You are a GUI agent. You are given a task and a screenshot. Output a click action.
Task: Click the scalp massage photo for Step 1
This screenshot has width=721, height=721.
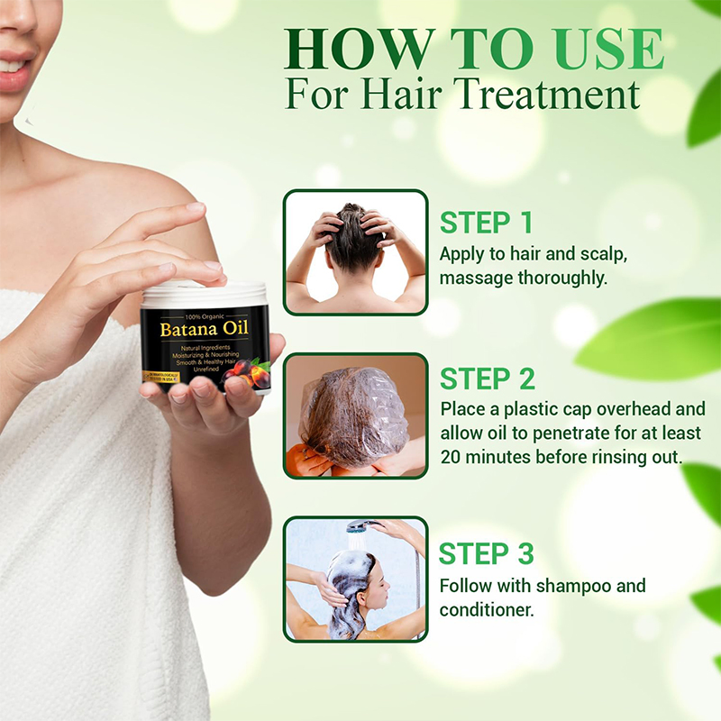tap(355, 252)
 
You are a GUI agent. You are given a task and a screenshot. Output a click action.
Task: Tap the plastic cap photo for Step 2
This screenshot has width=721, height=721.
tap(355, 415)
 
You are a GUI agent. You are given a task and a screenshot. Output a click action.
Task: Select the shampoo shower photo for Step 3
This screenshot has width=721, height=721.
tap(355, 579)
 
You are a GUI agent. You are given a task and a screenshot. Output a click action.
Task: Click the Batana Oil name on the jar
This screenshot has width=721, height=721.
tap(205, 328)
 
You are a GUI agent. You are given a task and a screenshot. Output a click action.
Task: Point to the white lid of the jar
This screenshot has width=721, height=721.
tap(204, 293)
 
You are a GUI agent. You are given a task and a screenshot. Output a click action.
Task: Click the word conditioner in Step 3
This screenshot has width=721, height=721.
tap(487, 609)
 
